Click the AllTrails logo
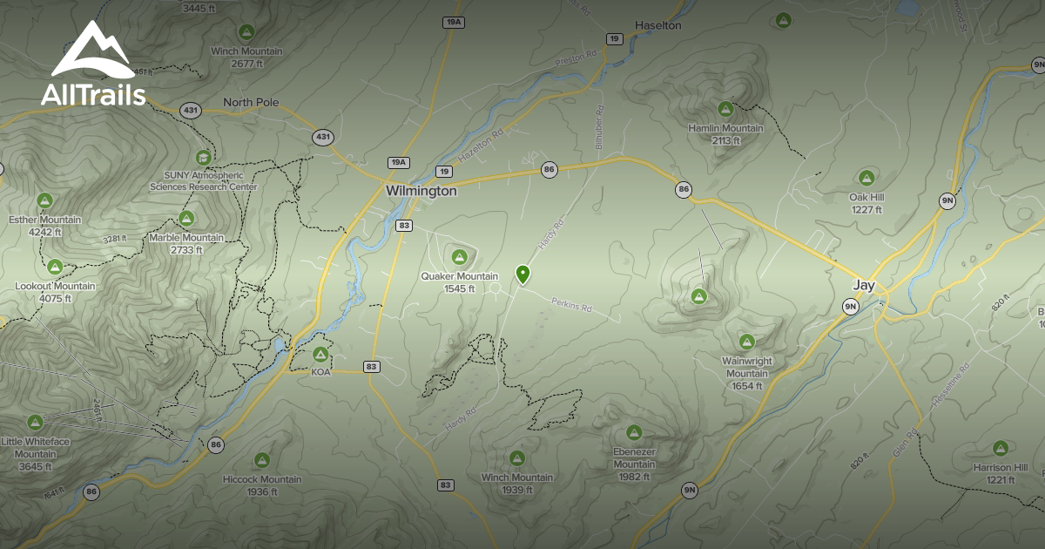pyautogui.click(x=94, y=64)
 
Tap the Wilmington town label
pyautogui.click(x=421, y=191)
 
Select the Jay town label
pyautogui.click(x=863, y=285)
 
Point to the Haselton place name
pyautogui.click(x=657, y=25)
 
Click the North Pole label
pyautogui.click(x=251, y=102)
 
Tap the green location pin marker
pyautogui.click(x=522, y=274)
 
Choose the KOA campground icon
pyautogui.click(x=320, y=355)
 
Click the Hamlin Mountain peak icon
pyautogui.click(x=725, y=109)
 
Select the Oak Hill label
pyautogui.click(x=866, y=198)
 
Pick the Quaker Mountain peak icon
pyautogui.click(x=459, y=257)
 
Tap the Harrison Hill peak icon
pyautogui.click(x=1001, y=449)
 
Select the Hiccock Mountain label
pyautogui.click(x=262, y=479)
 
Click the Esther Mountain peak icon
pyautogui.click(x=45, y=200)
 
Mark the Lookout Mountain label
pyautogui.click(x=55, y=286)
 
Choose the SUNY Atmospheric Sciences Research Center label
pyautogui.click(x=203, y=181)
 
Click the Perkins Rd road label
pyautogui.click(x=571, y=306)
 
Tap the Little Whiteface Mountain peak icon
pyautogui.click(x=35, y=423)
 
